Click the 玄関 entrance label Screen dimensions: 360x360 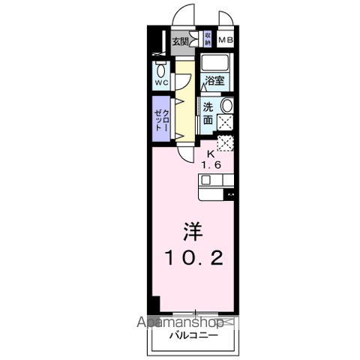pyautogui.click(x=181, y=41)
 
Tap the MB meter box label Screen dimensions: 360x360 pyautogui.click(x=225, y=42)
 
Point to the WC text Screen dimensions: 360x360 pyautogui.click(x=161, y=82)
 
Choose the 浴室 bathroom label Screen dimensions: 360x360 pyautogui.click(x=217, y=81)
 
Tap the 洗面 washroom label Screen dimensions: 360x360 pyautogui.click(x=208, y=112)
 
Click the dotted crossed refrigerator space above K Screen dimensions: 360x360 pyautogui.click(x=225, y=144)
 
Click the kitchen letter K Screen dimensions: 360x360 pyautogui.click(x=211, y=155)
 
